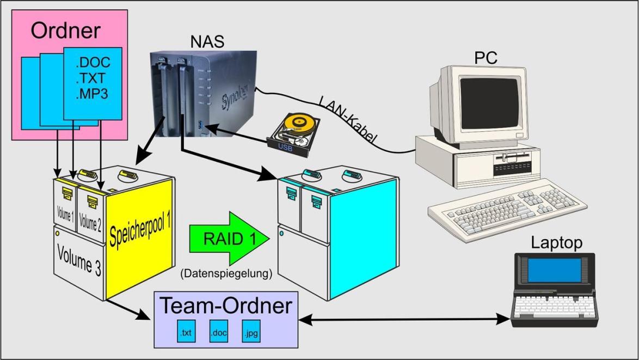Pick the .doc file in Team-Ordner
(218, 332)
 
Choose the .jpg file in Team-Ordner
(251, 332)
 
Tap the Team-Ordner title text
(226, 306)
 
